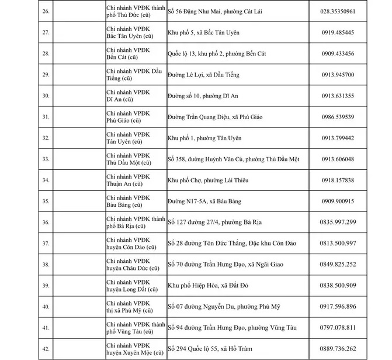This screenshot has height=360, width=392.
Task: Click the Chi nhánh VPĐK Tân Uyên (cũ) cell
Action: (128, 138)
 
